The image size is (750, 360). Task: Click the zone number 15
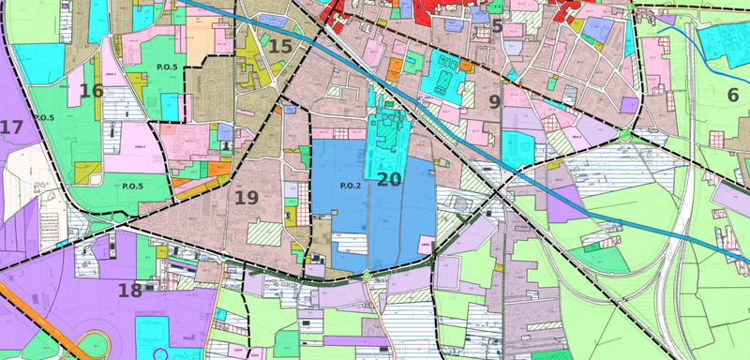tap(280, 46)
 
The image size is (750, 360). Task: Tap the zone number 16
tap(91, 91)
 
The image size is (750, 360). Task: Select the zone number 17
tap(11, 127)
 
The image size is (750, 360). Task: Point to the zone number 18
tap(129, 290)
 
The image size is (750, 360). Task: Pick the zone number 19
tap(247, 198)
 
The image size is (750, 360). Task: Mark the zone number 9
tap(494, 100)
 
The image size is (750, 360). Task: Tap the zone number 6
tap(732, 94)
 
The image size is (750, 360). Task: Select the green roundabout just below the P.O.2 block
tap(367, 277)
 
